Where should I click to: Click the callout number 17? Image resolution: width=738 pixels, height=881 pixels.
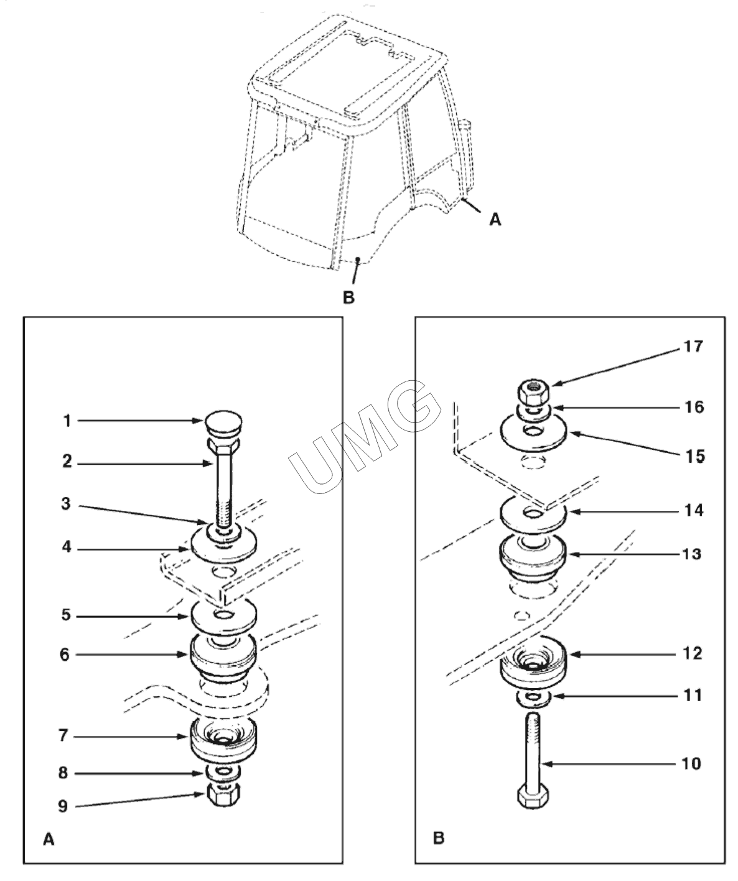click(x=693, y=347)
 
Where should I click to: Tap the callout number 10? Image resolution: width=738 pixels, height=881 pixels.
click(x=691, y=763)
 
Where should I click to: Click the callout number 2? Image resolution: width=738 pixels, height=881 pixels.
click(x=67, y=461)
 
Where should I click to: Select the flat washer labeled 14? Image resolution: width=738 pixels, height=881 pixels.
click(x=533, y=516)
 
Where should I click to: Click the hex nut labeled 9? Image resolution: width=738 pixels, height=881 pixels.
click(x=224, y=794)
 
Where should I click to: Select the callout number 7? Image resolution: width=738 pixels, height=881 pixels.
click(x=63, y=736)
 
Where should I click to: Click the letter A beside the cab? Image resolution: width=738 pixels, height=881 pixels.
click(x=495, y=220)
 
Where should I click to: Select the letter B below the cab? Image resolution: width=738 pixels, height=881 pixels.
click(x=348, y=298)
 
